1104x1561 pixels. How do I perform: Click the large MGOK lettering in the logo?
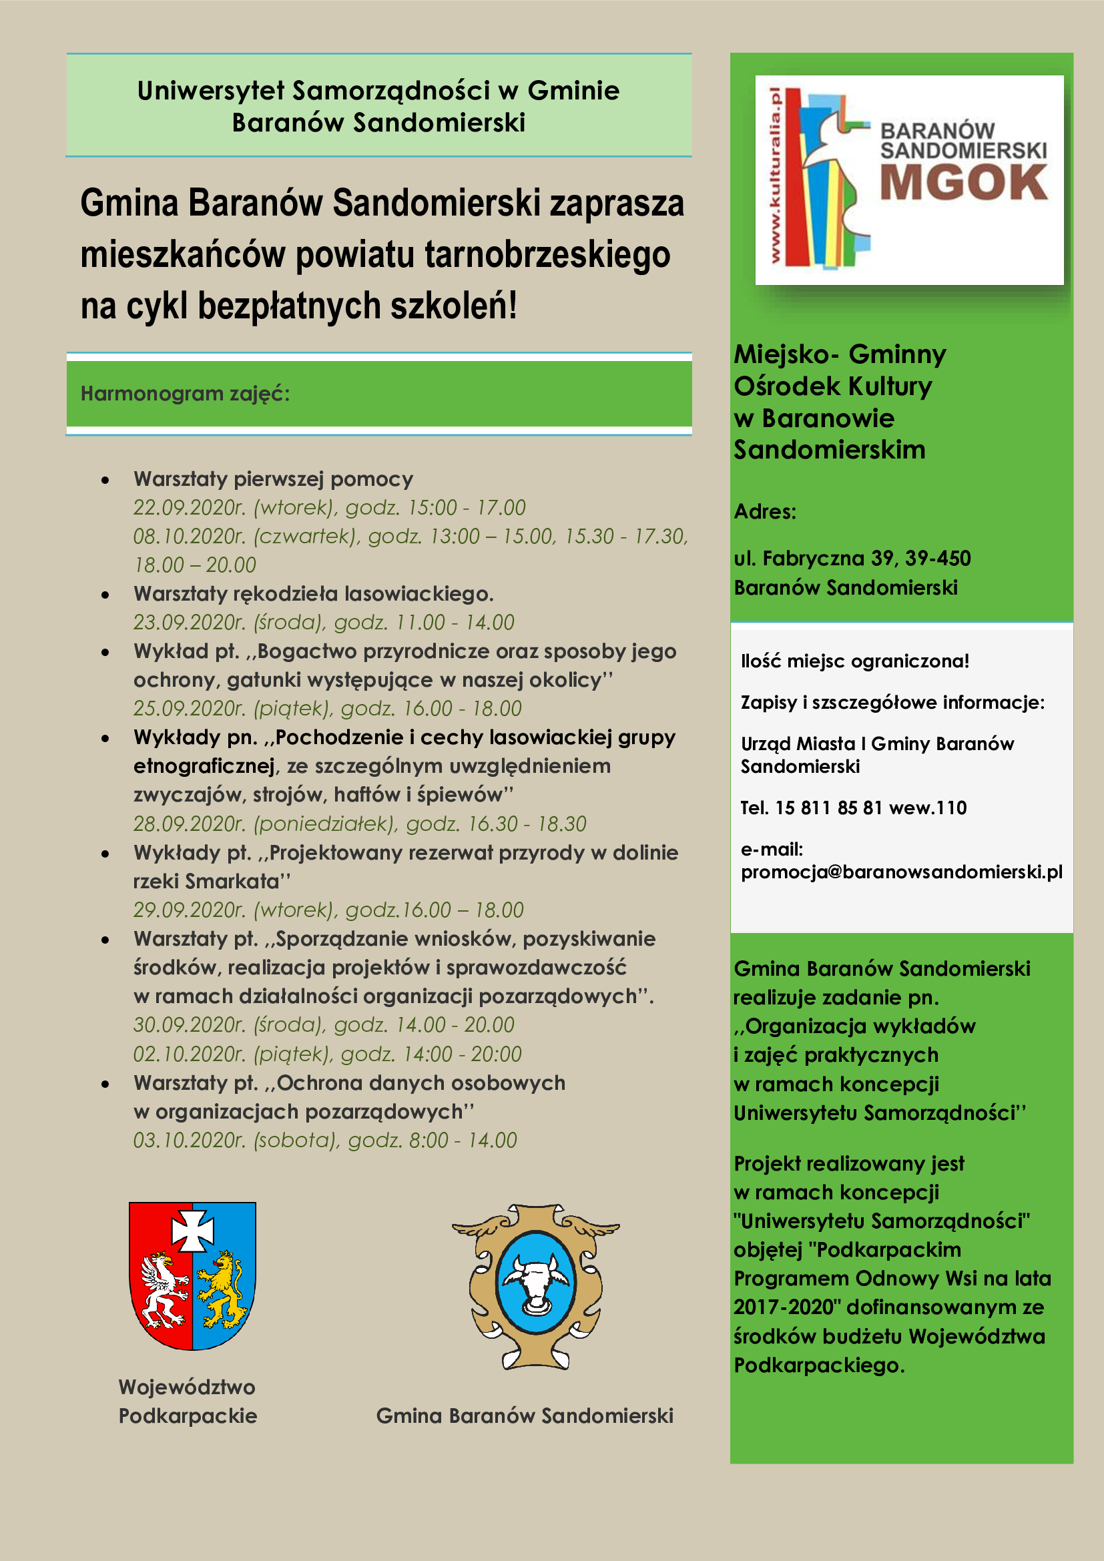pos(963,183)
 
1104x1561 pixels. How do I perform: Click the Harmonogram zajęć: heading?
pos(185,394)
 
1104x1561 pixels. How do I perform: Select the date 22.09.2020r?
pos(189,508)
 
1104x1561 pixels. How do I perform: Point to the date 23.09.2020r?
pos(189,623)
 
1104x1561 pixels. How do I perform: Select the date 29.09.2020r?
pos(189,910)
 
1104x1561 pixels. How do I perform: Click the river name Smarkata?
pos(232,882)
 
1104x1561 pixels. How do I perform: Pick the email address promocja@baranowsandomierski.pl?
pos(901,872)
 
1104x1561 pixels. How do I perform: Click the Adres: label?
pos(765,511)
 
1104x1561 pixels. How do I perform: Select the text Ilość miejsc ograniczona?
pos(854,661)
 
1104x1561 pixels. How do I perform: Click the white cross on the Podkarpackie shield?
pos(192,1230)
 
